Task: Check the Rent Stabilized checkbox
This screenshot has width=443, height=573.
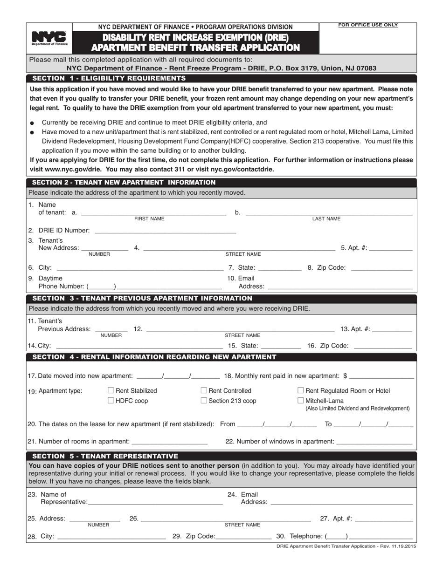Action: pyautogui.click(x=111, y=390)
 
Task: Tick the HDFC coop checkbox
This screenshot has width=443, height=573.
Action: pyautogui.click(x=111, y=400)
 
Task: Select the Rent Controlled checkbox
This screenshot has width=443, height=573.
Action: pyautogui.click(x=204, y=390)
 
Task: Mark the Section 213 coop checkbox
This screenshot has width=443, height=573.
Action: pyautogui.click(x=204, y=400)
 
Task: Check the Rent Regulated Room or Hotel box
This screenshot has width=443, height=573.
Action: pyautogui.click(x=301, y=390)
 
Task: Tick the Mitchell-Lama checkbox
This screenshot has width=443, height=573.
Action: pyautogui.click(x=301, y=400)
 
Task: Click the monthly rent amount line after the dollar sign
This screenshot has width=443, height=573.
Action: pyautogui.click(x=381, y=375)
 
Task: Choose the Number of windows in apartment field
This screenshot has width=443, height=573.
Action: pyautogui.click(x=374, y=441)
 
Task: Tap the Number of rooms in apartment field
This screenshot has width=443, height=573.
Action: pyautogui.click(x=170, y=441)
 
